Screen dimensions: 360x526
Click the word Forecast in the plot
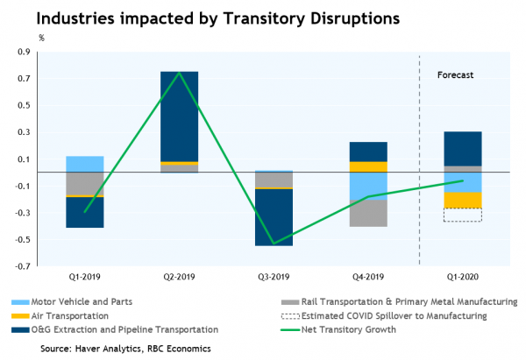point(455,75)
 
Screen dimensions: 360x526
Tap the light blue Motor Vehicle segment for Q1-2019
point(85,164)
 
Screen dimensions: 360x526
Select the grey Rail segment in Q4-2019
point(367,213)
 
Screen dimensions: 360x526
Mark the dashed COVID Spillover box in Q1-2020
point(462,215)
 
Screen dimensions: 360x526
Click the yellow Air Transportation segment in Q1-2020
point(462,200)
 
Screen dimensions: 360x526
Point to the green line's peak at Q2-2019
point(179,73)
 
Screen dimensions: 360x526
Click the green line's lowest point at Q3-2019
point(274,244)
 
